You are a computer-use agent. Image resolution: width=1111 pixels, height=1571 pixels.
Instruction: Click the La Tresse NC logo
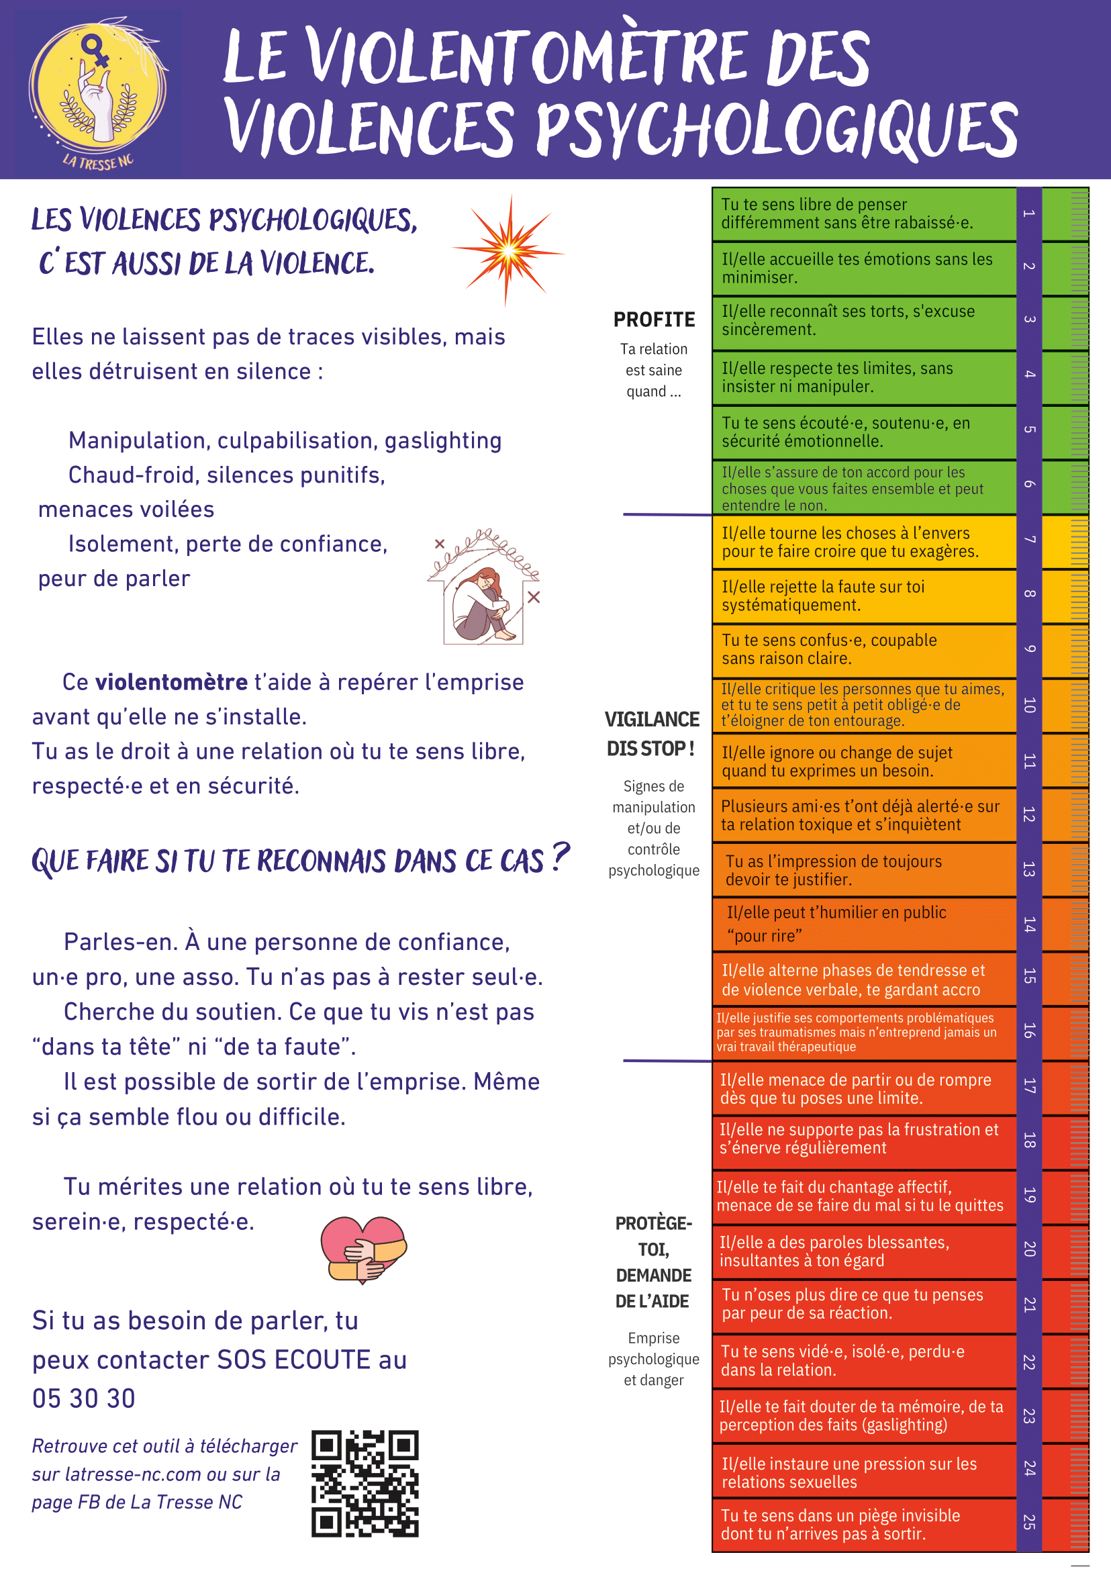(97, 93)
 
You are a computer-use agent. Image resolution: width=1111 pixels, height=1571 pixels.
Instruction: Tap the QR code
(365, 1484)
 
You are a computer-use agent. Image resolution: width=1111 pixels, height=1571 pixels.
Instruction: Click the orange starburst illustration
(508, 250)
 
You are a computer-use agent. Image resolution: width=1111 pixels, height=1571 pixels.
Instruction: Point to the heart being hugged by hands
(363, 1249)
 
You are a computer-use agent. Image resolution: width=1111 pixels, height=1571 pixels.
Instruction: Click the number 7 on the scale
(1029, 540)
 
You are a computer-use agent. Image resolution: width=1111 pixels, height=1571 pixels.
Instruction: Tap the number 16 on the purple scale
(1029, 1031)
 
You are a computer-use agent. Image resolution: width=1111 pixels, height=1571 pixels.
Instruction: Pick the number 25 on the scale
(1029, 1522)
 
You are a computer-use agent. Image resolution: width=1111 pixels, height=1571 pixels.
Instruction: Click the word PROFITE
(654, 320)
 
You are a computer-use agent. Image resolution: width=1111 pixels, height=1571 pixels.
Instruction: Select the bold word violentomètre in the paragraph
(171, 682)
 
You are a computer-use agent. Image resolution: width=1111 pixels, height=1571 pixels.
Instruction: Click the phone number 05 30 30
(84, 1398)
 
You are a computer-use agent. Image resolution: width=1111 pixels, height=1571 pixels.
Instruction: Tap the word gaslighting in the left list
(442, 440)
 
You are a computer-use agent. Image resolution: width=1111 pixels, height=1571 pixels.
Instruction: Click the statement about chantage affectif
(859, 1196)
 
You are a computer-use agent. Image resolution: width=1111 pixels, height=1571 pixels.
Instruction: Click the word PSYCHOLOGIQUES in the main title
(777, 128)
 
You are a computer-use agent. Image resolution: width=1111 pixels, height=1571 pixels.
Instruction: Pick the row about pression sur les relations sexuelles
(849, 1472)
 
